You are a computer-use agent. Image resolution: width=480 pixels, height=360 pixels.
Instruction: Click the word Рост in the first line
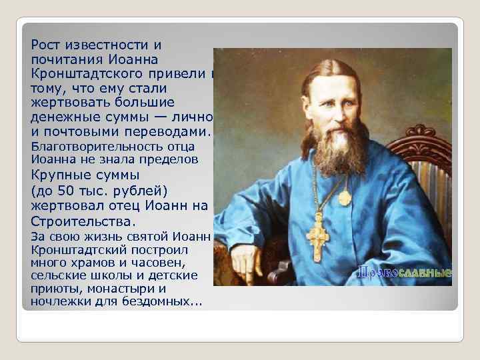pyautogui.click(x=44, y=45)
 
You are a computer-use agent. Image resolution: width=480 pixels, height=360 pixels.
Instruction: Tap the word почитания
pyautogui.click(x=61, y=59)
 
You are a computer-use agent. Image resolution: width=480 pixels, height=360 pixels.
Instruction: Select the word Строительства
pyautogui.click(x=83, y=221)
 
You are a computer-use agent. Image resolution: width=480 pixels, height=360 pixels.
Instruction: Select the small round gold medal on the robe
pyautogui.click(x=345, y=197)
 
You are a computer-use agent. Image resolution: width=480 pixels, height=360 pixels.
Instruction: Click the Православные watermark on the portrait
pyautogui.click(x=405, y=273)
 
